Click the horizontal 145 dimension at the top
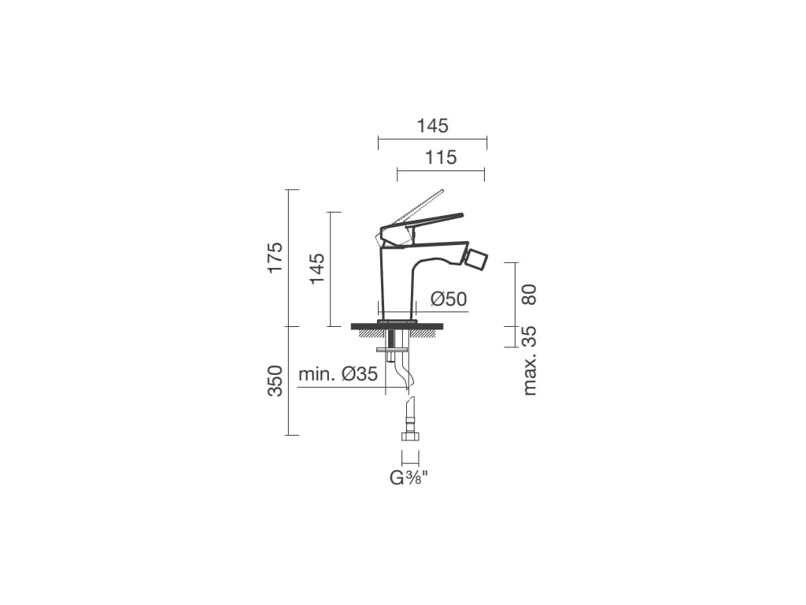click(432, 126)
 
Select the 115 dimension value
click(441, 158)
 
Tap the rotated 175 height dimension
click(275, 258)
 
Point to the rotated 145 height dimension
click(316, 268)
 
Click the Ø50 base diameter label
click(449, 299)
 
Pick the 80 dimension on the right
click(529, 295)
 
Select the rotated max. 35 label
click(529, 360)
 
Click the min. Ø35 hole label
click(338, 374)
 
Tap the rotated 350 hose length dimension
click(275, 380)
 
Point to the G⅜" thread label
click(409, 478)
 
